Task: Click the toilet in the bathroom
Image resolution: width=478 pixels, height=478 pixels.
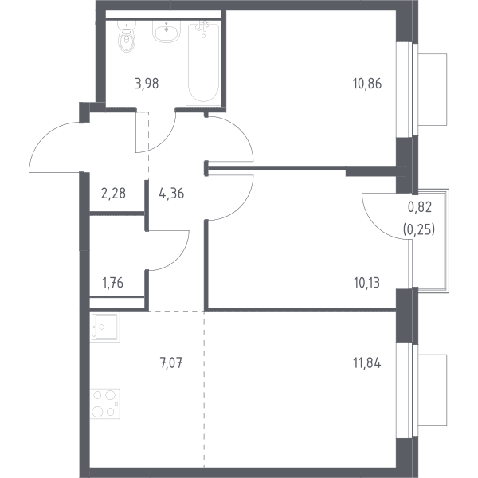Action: (x=126, y=36)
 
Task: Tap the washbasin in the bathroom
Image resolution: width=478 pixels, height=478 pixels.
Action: (x=167, y=31)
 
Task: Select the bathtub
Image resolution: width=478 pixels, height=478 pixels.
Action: (x=203, y=64)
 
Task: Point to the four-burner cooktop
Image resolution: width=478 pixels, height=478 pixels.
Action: (x=105, y=404)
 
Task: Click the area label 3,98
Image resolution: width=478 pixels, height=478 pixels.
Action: (x=147, y=84)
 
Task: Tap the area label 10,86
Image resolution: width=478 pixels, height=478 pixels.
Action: (x=367, y=84)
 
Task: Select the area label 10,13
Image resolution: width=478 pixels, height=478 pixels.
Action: (x=366, y=283)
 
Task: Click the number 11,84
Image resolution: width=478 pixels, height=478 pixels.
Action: (x=367, y=363)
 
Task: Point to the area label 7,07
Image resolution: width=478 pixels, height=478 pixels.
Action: (x=171, y=363)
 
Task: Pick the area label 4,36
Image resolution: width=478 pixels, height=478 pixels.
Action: (x=171, y=194)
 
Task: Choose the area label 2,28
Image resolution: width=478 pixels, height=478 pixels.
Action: (x=113, y=194)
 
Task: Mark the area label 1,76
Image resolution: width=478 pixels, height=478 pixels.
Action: (x=113, y=283)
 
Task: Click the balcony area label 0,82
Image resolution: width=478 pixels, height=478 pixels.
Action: (x=420, y=207)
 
